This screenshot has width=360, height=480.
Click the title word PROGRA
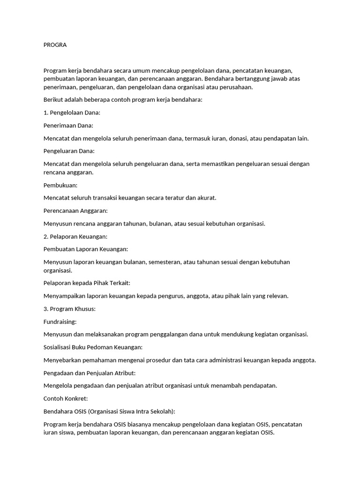click(x=55, y=45)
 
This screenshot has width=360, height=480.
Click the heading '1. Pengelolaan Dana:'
click(x=72, y=113)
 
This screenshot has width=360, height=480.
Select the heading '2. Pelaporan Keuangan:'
click(x=75, y=236)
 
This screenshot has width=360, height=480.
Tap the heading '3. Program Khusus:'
click(x=69, y=309)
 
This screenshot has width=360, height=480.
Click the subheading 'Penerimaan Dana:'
click(x=68, y=126)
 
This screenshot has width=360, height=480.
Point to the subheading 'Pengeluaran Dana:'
click(x=69, y=151)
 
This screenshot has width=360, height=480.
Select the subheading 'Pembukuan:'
click(x=60, y=185)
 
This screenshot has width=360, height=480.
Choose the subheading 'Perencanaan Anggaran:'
click(x=75, y=210)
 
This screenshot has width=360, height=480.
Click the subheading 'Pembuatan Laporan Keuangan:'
click(x=86, y=249)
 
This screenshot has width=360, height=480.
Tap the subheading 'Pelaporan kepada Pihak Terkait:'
click(x=87, y=283)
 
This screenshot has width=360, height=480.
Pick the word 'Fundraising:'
click(x=60, y=322)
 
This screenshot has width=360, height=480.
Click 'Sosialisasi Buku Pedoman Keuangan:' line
click(x=93, y=347)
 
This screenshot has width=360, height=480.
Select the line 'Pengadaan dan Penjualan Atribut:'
click(x=89, y=373)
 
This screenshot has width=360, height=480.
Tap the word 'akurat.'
click(x=206, y=198)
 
